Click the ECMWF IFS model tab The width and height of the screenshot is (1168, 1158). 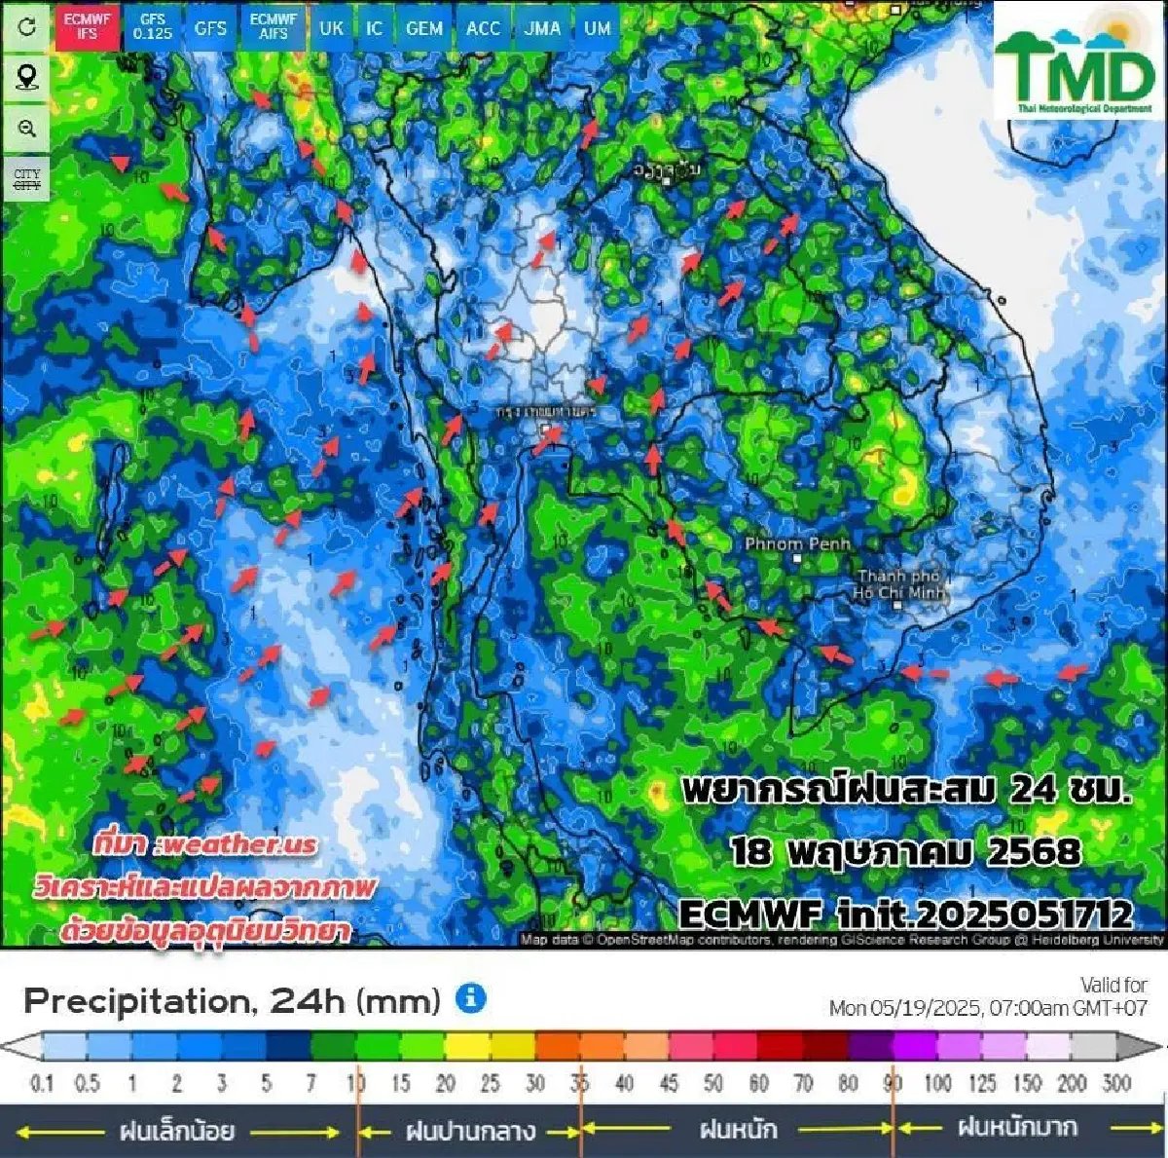pyautogui.click(x=87, y=26)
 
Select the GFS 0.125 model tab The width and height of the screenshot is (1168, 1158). pyautogui.click(x=153, y=26)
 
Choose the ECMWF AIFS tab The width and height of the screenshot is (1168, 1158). pyautogui.click(x=273, y=26)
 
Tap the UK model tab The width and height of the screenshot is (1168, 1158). pyautogui.click(x=331, y=27)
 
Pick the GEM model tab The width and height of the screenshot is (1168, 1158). pyautogui.click(x=423, y=27)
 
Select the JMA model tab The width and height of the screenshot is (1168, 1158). pyautogui.click(x=542, y=27)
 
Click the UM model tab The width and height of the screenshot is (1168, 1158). pyautogui.click(x=598, y=27)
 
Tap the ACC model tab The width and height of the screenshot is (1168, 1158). pyautogui.click(x=483, y=27)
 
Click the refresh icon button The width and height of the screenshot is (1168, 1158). pyautogui.click(x=27, y=26)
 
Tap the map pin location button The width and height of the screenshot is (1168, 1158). pyautogui.click(x=27, y=77)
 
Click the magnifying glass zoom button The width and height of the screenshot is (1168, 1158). pyautogui.click(x=27, y=129)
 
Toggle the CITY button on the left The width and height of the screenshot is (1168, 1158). pyautogui.click(x=27, y=179)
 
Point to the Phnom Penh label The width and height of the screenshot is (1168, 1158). pyautogui.click(x=797, y=543)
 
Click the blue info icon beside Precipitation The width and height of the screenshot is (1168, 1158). pyautogui.click(x=471, y=998)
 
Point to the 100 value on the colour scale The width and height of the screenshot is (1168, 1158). pyautogui.click(x=937, y=1083)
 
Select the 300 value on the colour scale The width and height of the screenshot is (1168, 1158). pyautogui.click(x=1116, y=1083)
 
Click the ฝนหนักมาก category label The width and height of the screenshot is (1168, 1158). pyautogui.click(x=1017, y=1128)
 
